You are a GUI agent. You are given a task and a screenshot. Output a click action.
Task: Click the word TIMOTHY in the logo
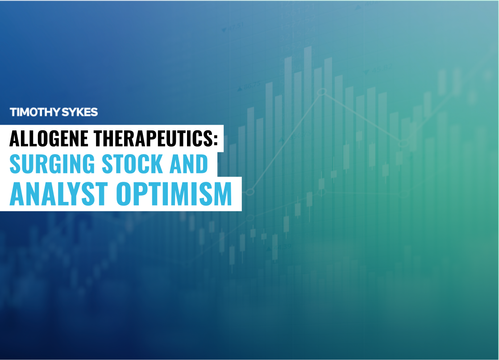(34, 112)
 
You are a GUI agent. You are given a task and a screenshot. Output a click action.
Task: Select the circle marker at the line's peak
(322, 93)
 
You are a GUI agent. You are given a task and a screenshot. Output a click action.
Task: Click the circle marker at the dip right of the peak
(403, 143)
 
